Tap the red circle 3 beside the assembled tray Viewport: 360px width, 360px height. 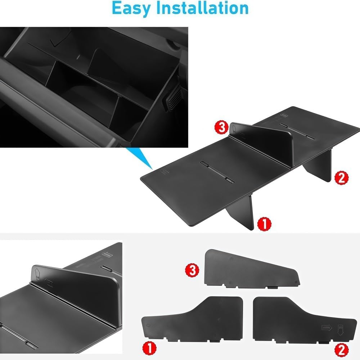pos(221,127)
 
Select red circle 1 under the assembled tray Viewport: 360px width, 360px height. pos(265,224)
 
